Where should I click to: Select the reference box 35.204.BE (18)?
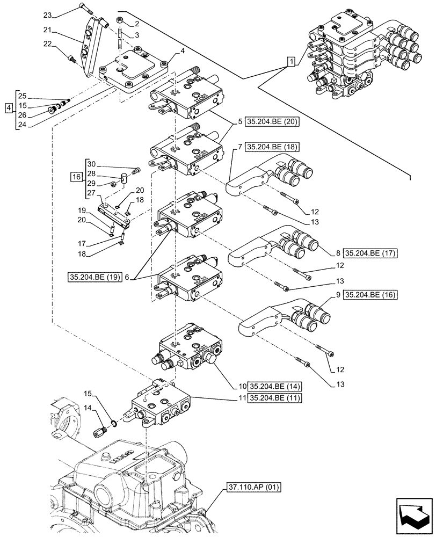(272, 146)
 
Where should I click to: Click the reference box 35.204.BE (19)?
(93, 278)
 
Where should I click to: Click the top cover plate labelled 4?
(134, 75)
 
